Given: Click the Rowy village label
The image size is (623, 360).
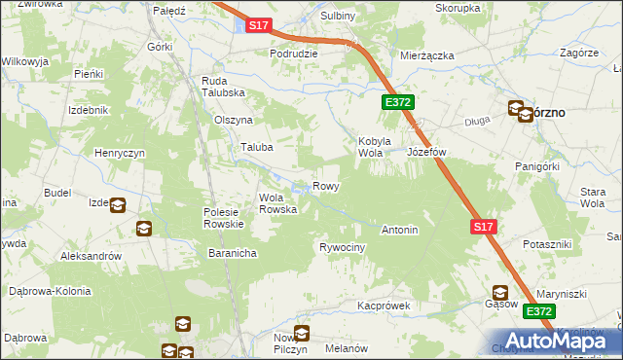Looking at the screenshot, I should (x=325, y=186).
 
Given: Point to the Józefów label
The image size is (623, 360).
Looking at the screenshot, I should (x=426, y=153).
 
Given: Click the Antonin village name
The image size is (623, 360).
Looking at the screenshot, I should (x=399, y=231).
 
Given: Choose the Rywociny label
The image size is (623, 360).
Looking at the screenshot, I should (x=342, y=248).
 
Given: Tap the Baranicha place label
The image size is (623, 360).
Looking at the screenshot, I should (x=232, y=253).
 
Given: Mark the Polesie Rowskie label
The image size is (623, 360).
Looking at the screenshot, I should (x=229, y=218).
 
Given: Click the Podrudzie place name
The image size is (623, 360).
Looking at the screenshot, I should (x=294, y=54).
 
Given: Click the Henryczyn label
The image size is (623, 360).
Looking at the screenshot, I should (x=120, y=154).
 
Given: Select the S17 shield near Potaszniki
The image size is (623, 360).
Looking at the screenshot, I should (x=484, y=227).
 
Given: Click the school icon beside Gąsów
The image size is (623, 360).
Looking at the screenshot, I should (x=501, y=292).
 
